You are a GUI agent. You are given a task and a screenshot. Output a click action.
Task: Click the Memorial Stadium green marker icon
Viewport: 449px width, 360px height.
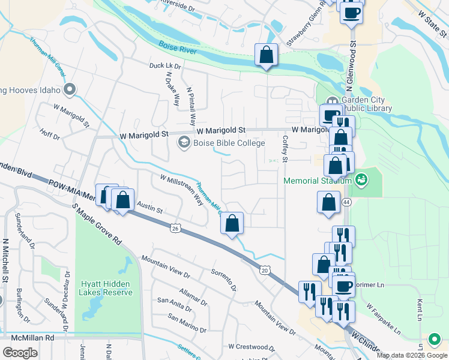click(x=361, y=179)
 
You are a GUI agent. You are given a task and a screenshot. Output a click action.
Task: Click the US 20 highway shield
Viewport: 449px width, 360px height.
click(x=264, y=271)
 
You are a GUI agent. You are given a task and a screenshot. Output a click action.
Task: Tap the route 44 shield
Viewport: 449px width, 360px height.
click(x=347, y=203)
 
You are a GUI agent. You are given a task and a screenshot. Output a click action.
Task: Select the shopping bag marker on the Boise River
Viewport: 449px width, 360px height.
click(x=265, y=55)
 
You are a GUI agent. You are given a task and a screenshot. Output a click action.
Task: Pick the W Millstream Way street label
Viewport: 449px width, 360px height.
click(x=181, y=188)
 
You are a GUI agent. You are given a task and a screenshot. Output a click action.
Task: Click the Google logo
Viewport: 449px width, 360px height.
click(x=19, y=353)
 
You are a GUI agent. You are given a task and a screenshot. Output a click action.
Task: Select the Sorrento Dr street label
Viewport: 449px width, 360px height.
click(x=223, y=280)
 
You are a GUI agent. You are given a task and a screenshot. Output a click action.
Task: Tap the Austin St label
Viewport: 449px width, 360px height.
click(x=149, y=208)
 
